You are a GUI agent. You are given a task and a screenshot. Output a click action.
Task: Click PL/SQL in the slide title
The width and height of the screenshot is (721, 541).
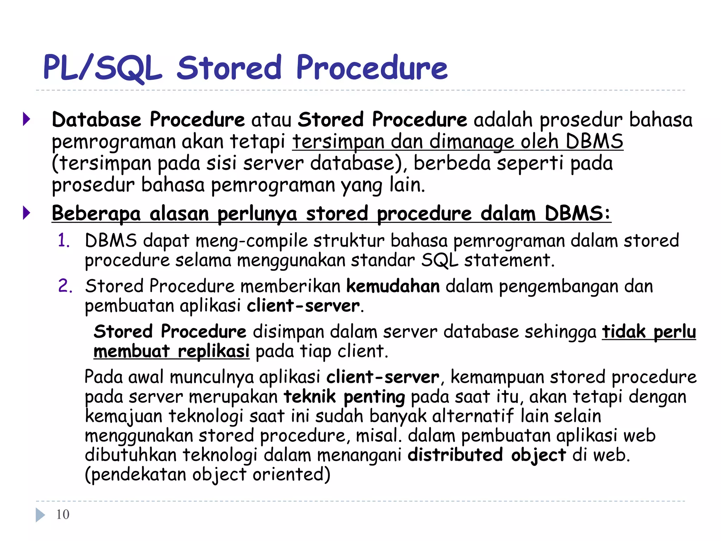coord(102,68)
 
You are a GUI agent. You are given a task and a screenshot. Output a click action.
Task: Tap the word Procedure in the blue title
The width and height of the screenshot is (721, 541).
coord(372,68)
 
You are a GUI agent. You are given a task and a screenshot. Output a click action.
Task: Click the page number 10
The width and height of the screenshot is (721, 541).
coord(63,515)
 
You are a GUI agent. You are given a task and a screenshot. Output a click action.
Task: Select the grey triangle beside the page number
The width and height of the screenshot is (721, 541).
coord(40,515)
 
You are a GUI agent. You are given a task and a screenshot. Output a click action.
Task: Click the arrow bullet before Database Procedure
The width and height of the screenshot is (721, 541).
coord(26,119)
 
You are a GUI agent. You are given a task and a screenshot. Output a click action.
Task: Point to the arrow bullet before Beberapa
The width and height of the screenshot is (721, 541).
coord(26,213)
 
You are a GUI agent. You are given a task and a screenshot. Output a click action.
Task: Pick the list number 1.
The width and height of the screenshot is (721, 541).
coord(64,241)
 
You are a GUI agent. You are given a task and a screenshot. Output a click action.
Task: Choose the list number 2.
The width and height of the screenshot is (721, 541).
coord(65,286)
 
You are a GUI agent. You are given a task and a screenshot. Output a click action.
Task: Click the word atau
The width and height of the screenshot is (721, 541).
coord(271,120)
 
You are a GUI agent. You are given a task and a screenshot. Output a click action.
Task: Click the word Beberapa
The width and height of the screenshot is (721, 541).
coord(96,213)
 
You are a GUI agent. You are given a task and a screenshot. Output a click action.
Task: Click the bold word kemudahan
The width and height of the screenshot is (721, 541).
coord(393,286)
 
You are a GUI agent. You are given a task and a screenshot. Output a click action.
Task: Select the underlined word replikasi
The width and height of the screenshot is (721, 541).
coord(213,352)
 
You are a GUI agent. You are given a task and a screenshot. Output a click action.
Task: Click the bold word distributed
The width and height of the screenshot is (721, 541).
coord(455,455)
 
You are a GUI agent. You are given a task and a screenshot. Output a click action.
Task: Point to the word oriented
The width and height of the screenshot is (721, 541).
coord(291,474)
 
